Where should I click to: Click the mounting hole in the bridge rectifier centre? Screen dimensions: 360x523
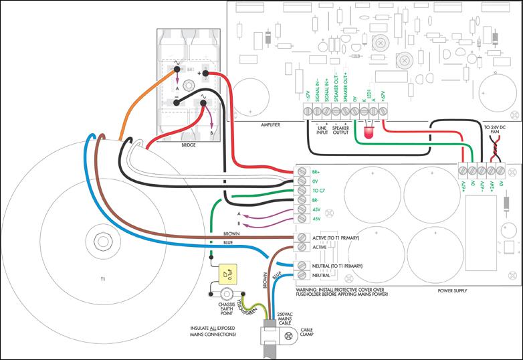click(x=189, y=85)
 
